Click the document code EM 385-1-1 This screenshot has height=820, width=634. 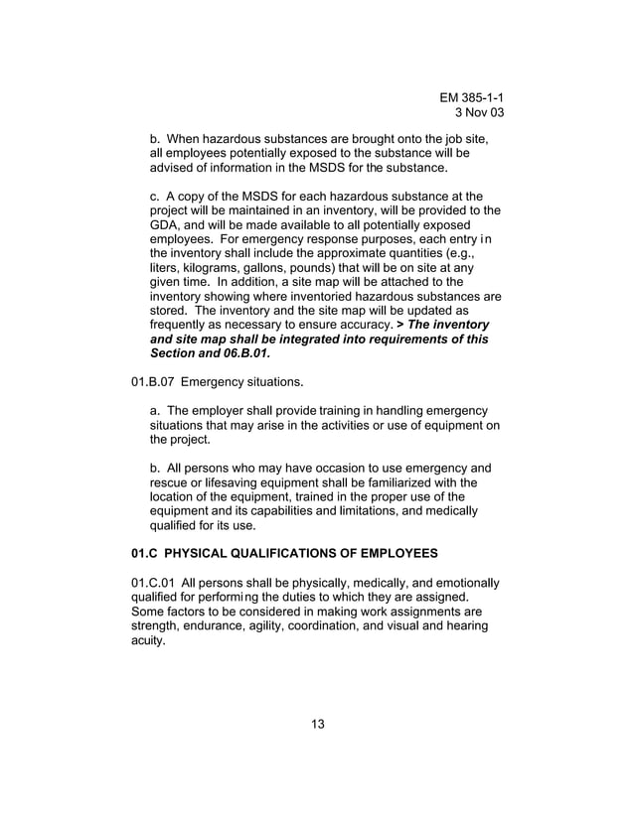tap(478, 97)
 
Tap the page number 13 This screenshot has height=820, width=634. tap(317, 722)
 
